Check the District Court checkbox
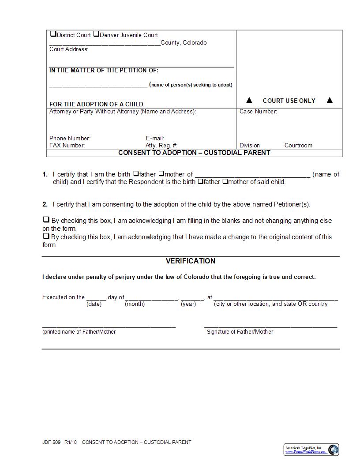pyautogui.click(x=53, y=34)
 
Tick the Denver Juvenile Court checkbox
pyautogui.click(x=96, y=34)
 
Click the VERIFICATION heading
pyautogui.click(x=191, y=261)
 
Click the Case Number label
pyautogui.click(x=258, y=112)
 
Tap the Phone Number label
pyautogui.click(x=70, y=138)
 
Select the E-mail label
pyautogui.click(x=155, y=138)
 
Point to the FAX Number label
pyautogui.click(x=67, y=145)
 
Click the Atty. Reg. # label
pyautogui.click(x=161, y=145)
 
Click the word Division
pyautogui.click(x=250, y=145)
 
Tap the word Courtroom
pyautogui.click(x=298, y=145)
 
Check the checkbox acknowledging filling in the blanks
pyautogui.click(x=46, y=220)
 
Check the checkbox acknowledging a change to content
pyautogui.click(x=46, y=236)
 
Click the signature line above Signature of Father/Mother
pyautogui.click(x=270, y=327)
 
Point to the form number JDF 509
pyautogui.click(x=51, y=442)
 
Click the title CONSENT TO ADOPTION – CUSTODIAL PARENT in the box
pyautogui.click(x=194, y=153)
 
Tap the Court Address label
pyautogui.click(x=69, y=49)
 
